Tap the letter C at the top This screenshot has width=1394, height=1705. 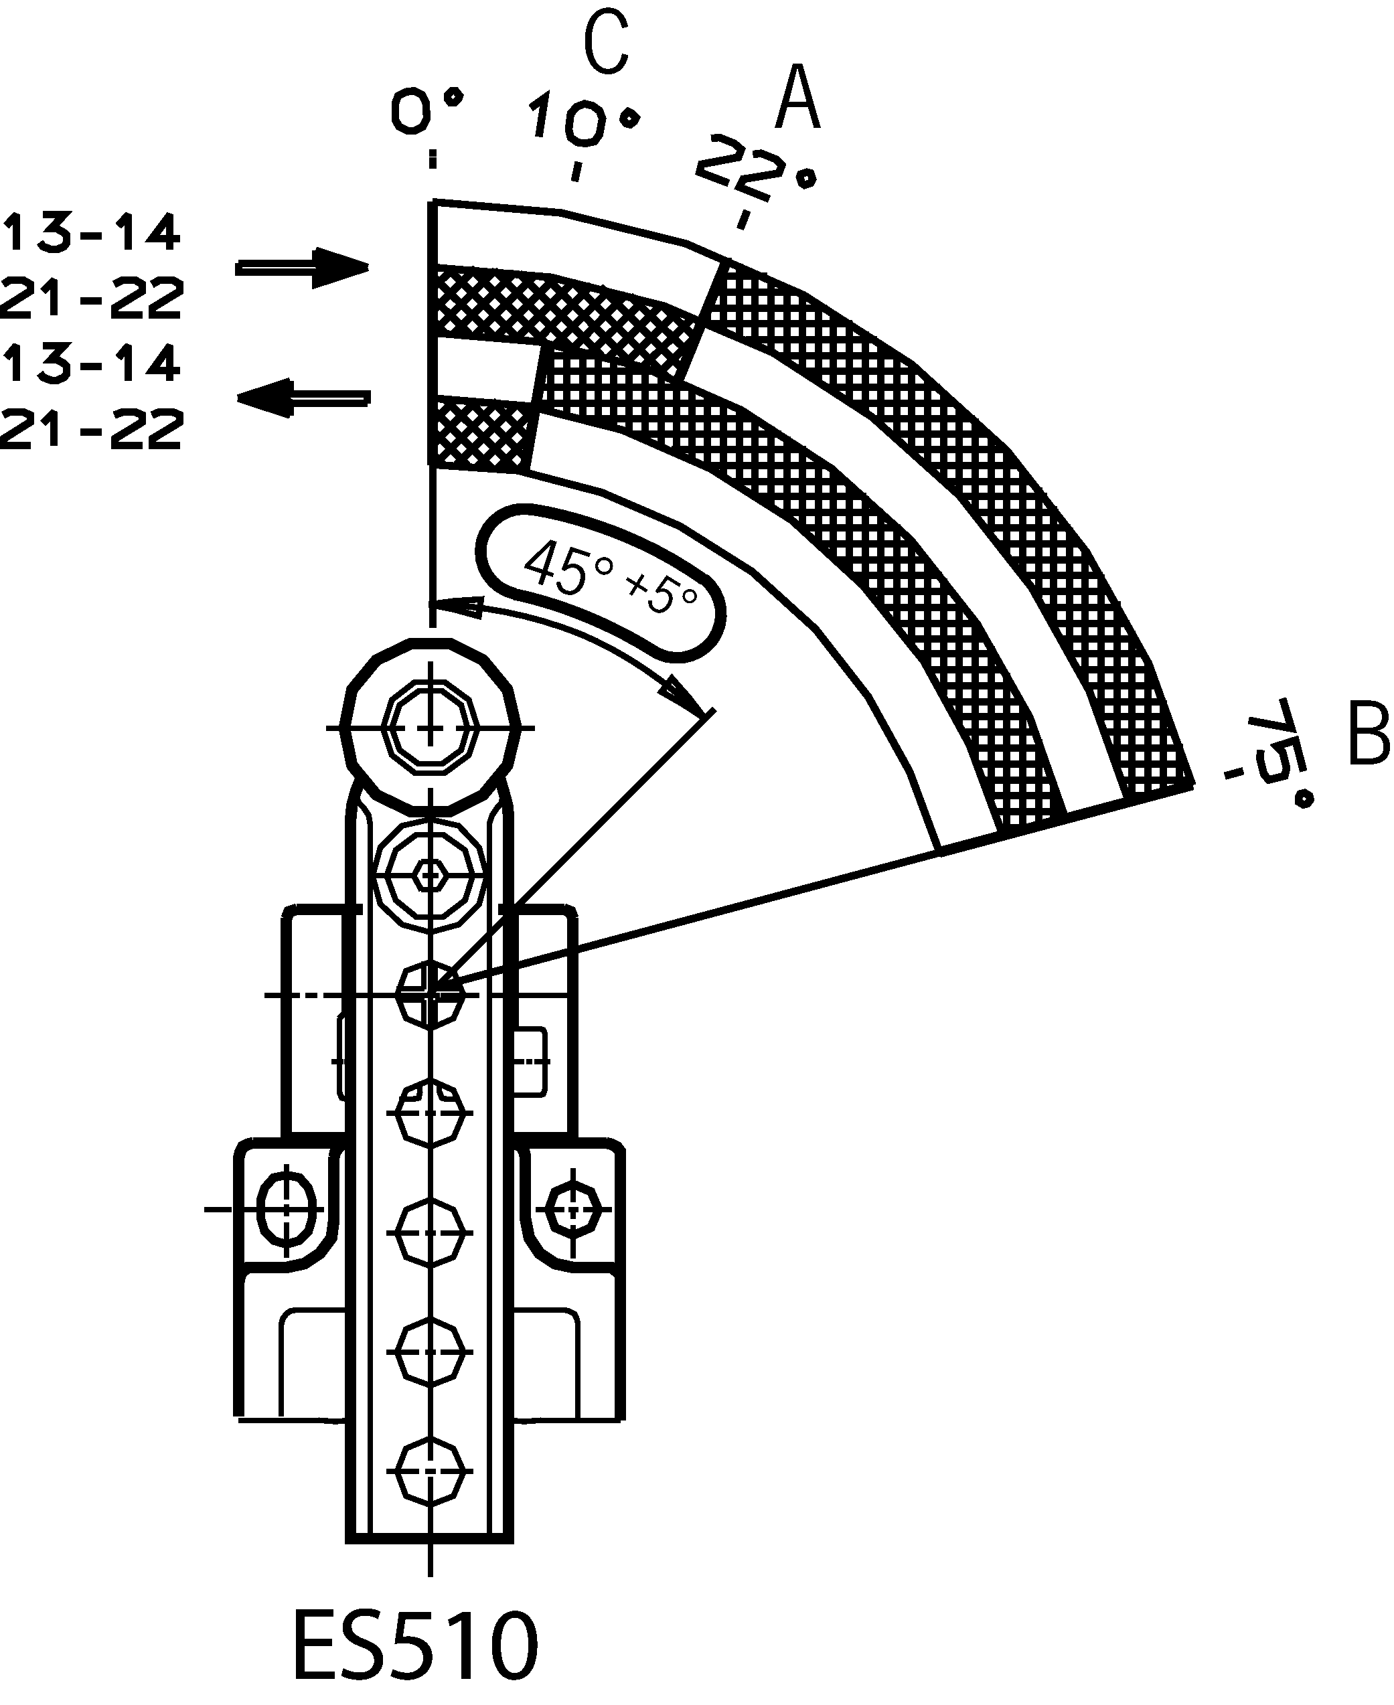tap(606, 45)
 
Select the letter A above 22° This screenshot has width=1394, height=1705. tap(797, 98)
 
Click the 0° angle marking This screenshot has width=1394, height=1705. tap(428, 110)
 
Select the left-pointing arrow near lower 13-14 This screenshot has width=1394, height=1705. tap(303, 398)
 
